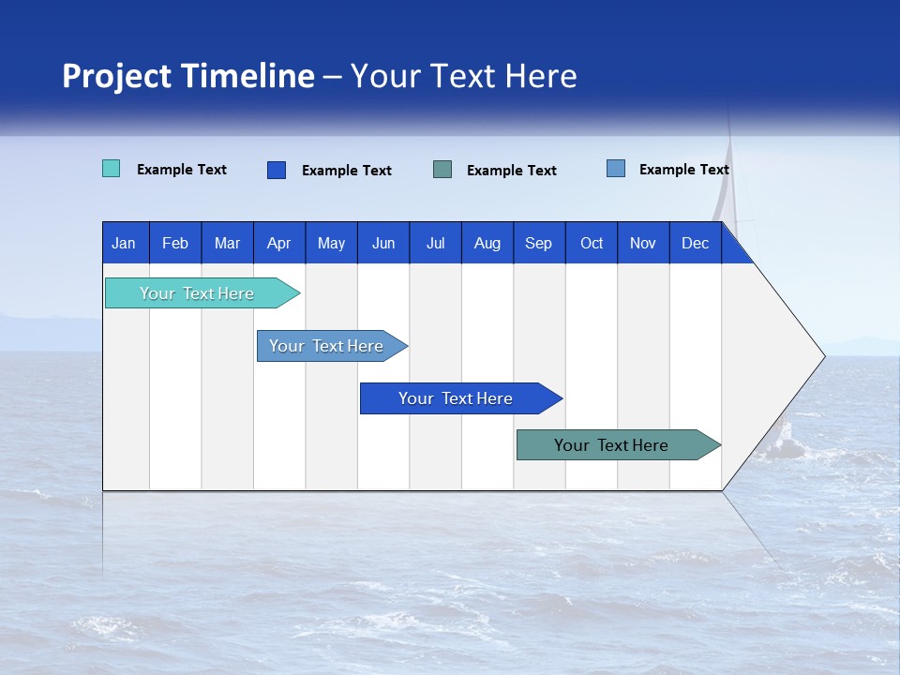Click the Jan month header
tap(124, 243)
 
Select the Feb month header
tap(175, 243)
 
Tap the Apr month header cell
tap(278, 243)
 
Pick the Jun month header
tap(383, 243)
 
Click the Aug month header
tap(487, 243)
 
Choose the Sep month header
tap(538, 243)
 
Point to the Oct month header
tap(592, 243)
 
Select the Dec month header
tap(695, 243)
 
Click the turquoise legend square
tap(112, 169)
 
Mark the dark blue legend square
tap(277, 170)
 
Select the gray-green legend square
tap(442, 169)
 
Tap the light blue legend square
tap(616, 169)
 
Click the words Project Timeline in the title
tap(188, 76)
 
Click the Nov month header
tap(643, 243)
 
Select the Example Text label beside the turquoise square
tap(182, 170)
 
